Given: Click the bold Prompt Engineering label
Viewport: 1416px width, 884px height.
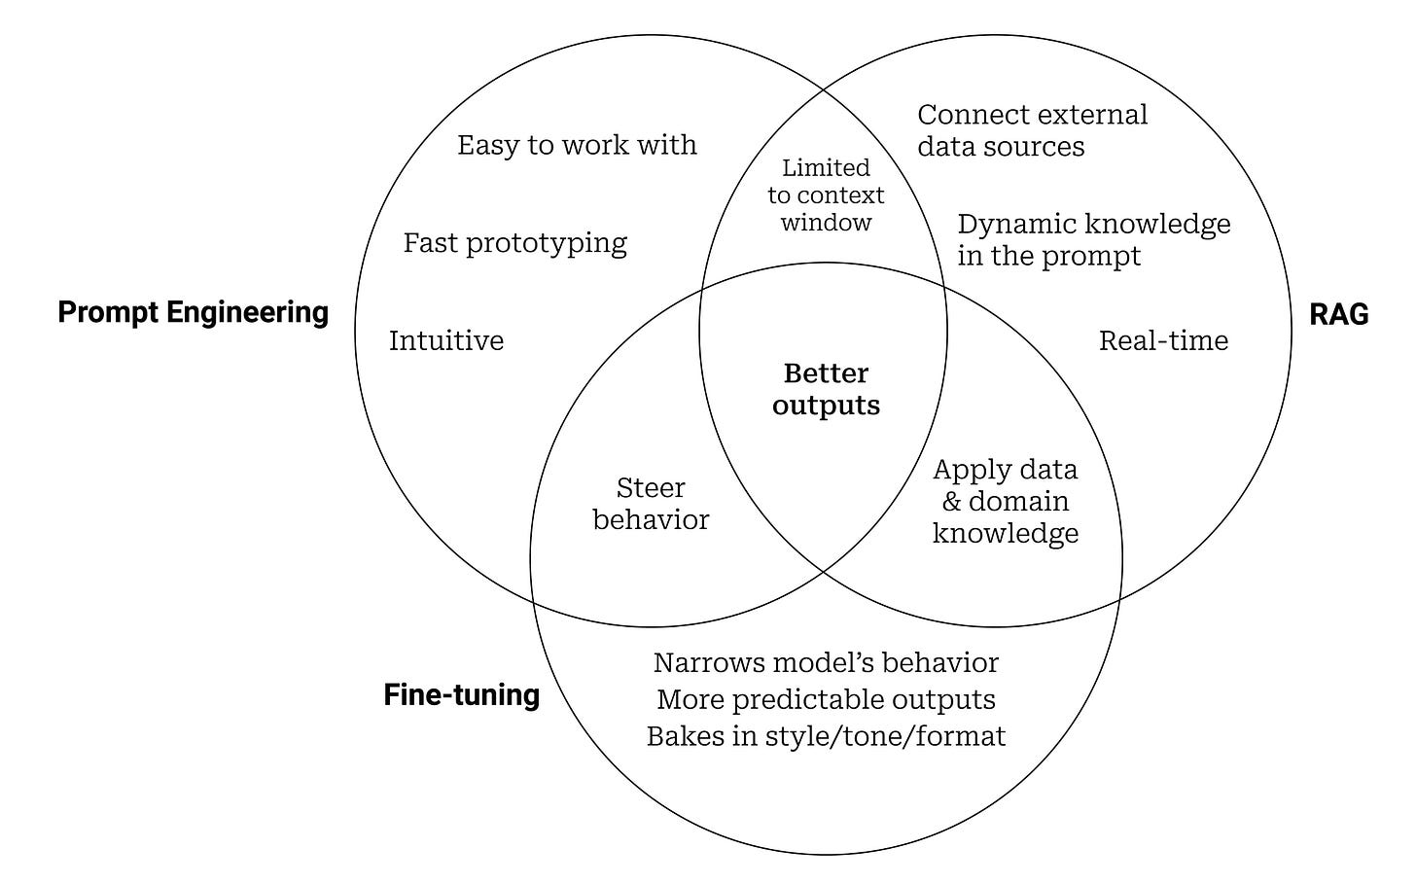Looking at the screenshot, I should pos(193,312).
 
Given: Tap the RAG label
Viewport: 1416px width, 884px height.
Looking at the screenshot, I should pos(1338,314).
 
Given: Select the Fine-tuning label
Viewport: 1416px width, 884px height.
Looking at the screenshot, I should pos(461,694).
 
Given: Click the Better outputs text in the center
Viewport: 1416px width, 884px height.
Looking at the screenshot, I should pos(826,389).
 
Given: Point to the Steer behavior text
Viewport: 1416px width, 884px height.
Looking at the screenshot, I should pos(651,504).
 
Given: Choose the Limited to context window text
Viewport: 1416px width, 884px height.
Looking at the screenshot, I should pos(826,195).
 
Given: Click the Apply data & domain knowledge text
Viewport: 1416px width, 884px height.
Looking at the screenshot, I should pos(1006,501).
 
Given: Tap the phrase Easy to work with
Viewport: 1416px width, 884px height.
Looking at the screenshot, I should pos(577,145).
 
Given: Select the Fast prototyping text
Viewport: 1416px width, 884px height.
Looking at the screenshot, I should pos(514,242).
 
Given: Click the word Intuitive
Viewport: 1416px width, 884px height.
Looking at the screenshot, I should pos(445,340).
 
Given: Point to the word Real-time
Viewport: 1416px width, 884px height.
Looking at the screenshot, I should pos(1163,340).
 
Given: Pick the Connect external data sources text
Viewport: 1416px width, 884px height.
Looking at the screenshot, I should pos(1032,130).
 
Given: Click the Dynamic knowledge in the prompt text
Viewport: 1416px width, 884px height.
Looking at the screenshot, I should pos(1093,239).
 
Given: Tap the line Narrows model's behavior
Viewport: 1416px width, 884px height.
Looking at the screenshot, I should pos(826,662).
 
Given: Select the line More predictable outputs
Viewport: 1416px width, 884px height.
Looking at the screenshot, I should pos(826,699).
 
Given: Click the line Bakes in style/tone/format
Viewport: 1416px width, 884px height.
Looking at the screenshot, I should pos(826,735).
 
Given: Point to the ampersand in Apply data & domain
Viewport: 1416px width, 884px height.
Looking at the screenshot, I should pos(951,502).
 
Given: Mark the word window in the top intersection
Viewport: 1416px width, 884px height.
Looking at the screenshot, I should pos(826,223).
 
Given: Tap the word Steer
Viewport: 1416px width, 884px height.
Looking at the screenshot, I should pos(651,487).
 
